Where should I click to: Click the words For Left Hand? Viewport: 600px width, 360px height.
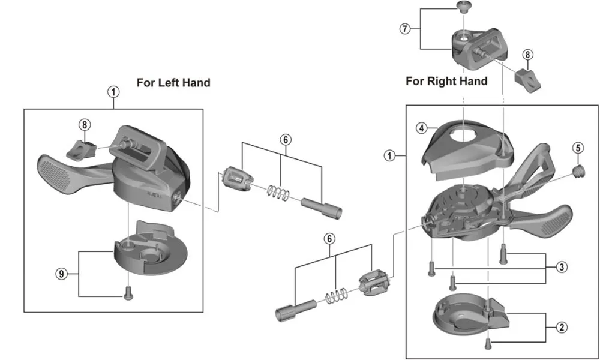click(173, 83)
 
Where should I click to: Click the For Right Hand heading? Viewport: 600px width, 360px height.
click(446, 80)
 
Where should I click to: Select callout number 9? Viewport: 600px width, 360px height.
click(61, 273)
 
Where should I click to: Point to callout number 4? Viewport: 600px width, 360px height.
click(422, 128)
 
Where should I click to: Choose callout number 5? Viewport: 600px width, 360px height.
click(577, 147)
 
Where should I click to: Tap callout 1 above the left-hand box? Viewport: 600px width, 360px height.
click(113, 91)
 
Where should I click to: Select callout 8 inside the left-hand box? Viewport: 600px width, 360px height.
click(85, 125)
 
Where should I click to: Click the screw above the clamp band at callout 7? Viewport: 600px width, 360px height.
click(462, 7)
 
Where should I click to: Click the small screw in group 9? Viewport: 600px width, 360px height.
click(127, 292)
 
